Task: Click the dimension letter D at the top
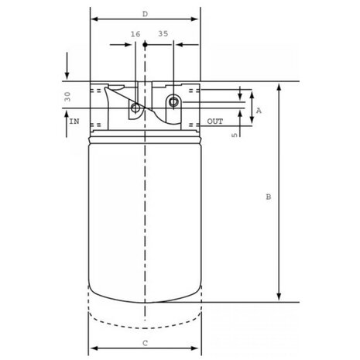tap(145, 14)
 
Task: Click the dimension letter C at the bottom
tap(145, 343)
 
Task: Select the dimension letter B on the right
tap(269, 197)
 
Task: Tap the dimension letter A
tap(259, 111)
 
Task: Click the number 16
tap(135, 34)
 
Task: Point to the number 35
tap(163, 34)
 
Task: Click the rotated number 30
tap(67, 97)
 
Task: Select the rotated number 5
tap(235, 135)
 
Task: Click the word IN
tap(74, 122)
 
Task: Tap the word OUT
tap(215, 122)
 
